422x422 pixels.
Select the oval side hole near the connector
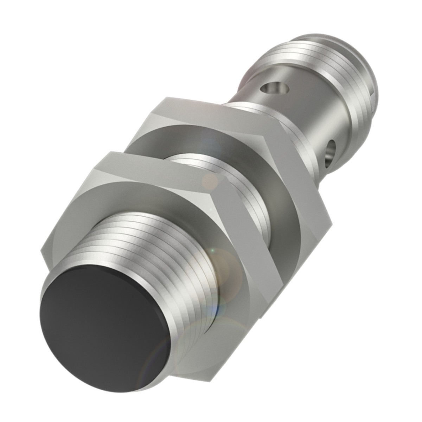coord(331,151)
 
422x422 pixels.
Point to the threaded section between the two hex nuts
coord(225,190)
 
